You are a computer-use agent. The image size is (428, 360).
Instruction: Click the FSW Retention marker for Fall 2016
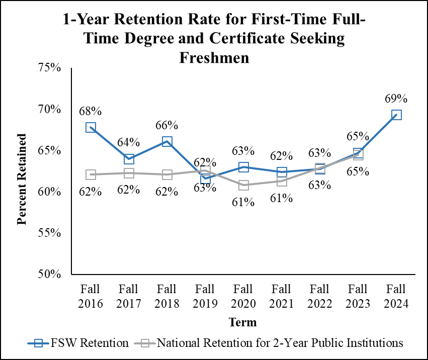click(x=91, y=128)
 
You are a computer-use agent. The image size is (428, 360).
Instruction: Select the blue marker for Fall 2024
click(x=396, y=115)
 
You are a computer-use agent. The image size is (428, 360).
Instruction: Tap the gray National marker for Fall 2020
click(x=243, y=185)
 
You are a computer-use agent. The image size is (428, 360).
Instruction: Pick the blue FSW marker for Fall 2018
click(x=167, y=142)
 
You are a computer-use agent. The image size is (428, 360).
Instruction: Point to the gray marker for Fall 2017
click(x=129, y=173)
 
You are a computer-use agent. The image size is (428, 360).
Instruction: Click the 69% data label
click(x=396, y=99)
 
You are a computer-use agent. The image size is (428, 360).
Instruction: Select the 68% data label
click(x=91, y=111)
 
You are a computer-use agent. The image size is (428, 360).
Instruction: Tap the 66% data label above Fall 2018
click(x=167, y=125)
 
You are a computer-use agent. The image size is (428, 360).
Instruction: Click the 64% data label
click(x=129, y=143)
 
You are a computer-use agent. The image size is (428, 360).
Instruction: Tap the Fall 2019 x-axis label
click(x=205, y=297)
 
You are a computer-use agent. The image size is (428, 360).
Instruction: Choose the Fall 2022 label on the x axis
click(x=320, y=297)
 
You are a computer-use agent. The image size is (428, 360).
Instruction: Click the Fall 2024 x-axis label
click(x=396, y=297)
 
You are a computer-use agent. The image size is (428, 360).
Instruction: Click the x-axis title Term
click(x=242, y=322)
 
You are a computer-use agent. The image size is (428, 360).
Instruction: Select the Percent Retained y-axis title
click(x=22, y=179)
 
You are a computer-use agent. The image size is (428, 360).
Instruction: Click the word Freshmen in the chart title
click(x=214, y=57)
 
